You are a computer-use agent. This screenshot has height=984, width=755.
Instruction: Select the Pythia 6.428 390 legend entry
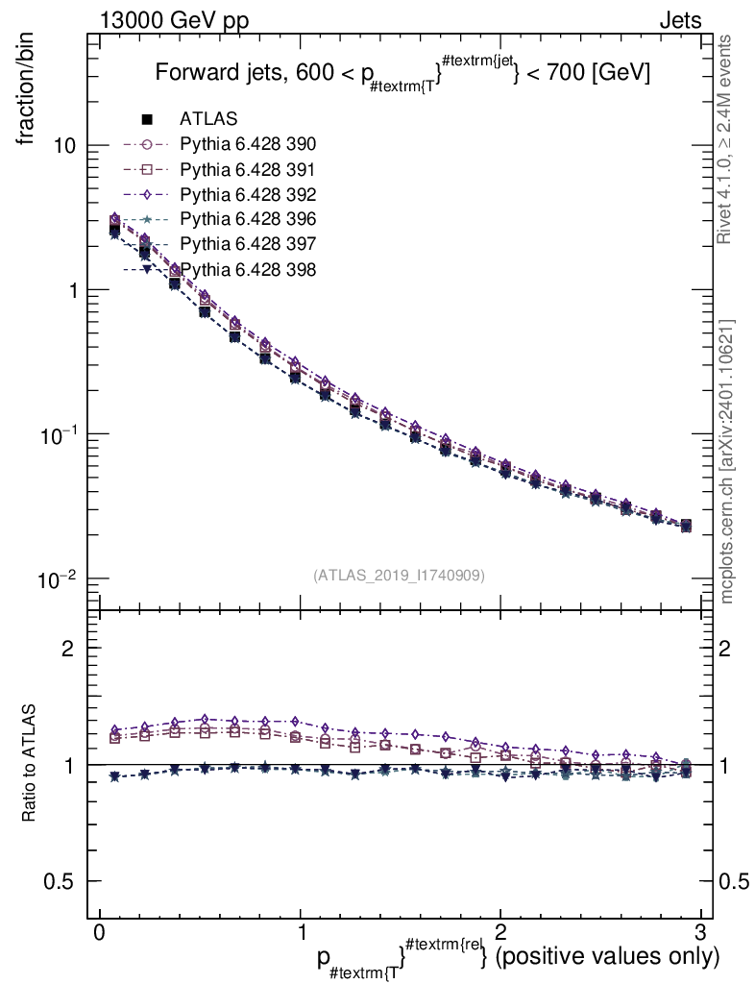[x=248, y=145]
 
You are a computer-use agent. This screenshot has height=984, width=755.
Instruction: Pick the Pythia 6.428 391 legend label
[x=248, y=170]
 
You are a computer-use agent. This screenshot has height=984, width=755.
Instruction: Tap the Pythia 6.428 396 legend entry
[x=248, y=219]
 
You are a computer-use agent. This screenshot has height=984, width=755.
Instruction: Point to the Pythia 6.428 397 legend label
[x=248, y=244]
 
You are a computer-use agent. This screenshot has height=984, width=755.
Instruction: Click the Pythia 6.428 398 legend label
[x=248, y=269]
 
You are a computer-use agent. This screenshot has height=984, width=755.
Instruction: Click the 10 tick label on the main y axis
[x=66, y=146]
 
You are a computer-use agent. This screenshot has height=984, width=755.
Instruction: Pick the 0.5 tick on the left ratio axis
[x=63, y=881]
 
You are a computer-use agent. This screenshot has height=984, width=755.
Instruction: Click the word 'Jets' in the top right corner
[x=679, y=20]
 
